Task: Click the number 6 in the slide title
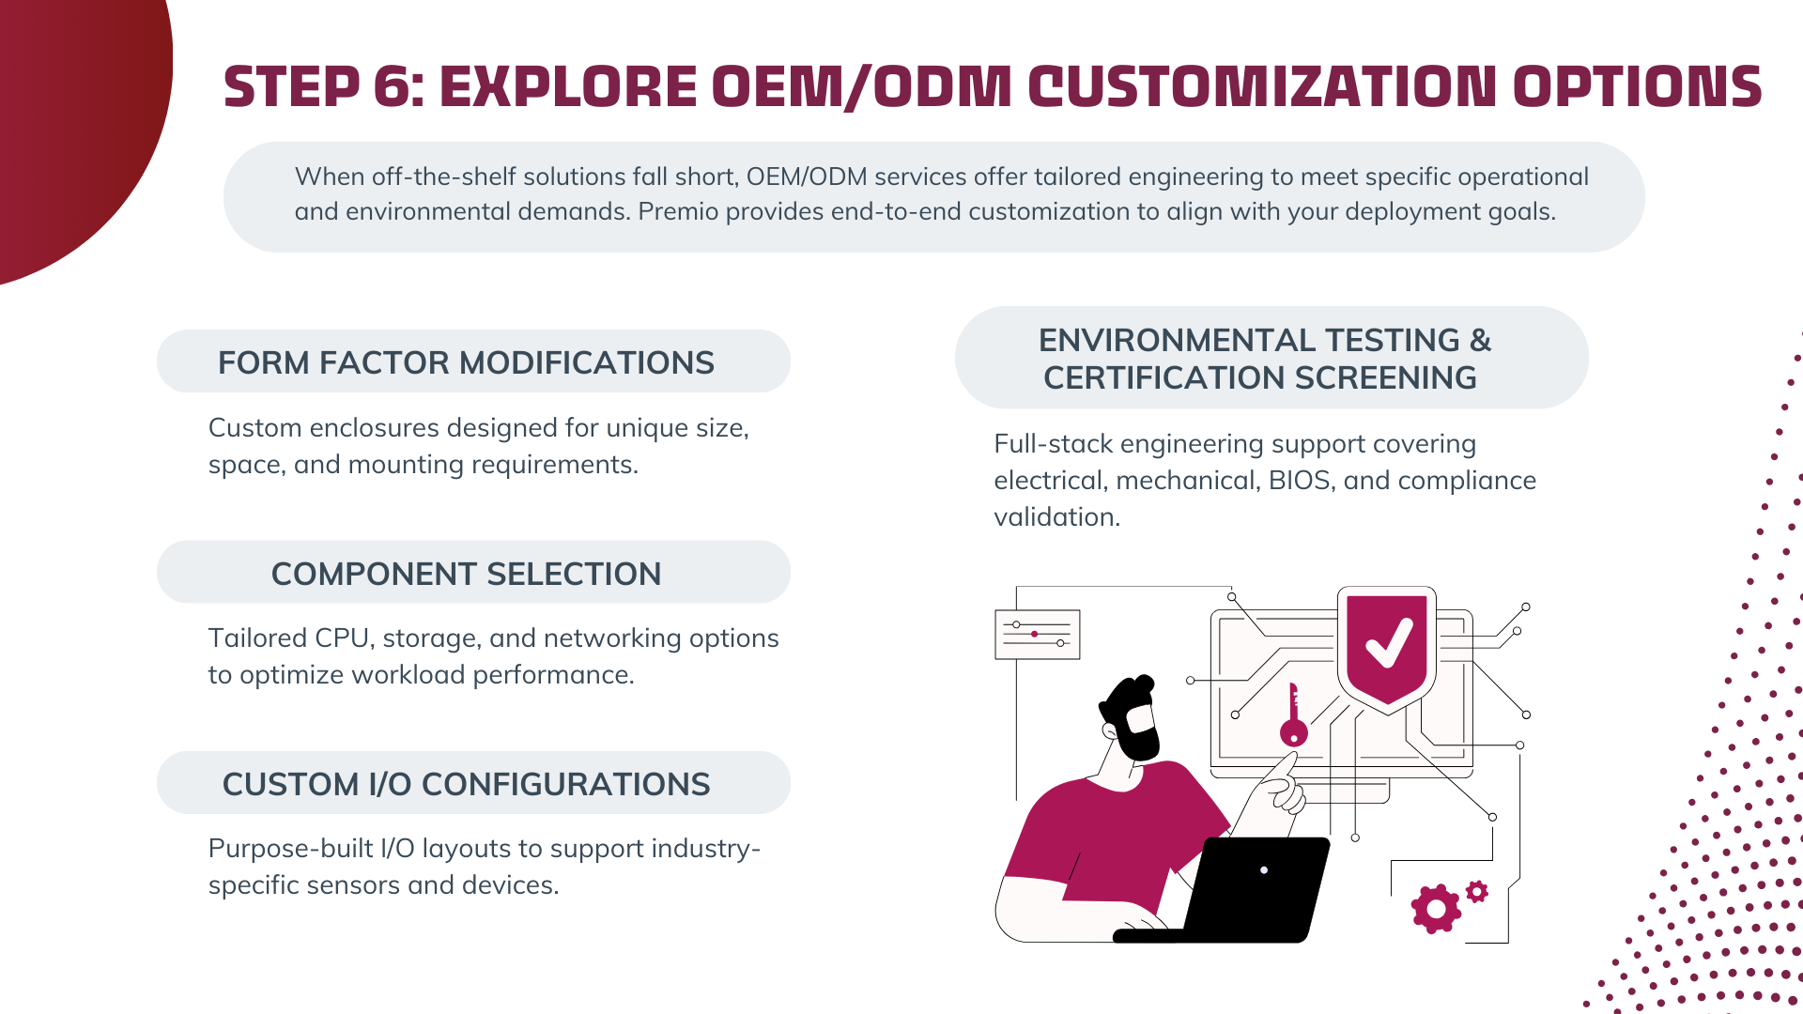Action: click(x=392, y=86)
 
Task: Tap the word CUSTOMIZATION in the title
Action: click(x=1261, y=86)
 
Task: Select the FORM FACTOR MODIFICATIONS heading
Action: click(x=466, y=362)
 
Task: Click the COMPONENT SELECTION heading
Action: click(x=466, y=574)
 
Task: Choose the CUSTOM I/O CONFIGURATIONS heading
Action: click(x=466, y=784)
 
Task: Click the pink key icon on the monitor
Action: click(x=1293, y=715)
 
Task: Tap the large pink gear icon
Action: click(x=1435, y=908)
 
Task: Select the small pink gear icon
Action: click(x=1477, y=891)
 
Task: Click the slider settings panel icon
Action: click(x=1037, y=635)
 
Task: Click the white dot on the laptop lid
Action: click(x=1264, y=870)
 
